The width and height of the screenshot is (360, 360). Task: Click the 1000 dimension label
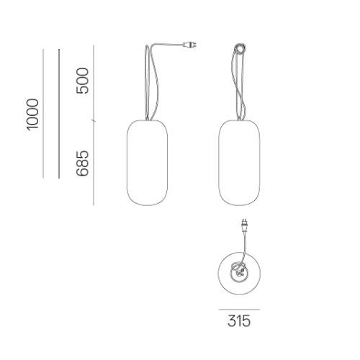(32, 114)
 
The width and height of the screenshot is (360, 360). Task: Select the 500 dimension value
(82, 81)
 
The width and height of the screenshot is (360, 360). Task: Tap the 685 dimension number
(82, 163)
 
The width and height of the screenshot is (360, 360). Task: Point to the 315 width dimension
(239, 321)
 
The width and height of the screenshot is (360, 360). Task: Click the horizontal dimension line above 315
(239, 310)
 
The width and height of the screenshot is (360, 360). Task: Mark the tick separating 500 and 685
(94, 121)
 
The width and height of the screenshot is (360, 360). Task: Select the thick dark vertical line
(59, 114)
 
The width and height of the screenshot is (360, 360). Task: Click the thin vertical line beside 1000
(43, 114)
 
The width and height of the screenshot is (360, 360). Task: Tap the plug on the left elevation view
(190, 45)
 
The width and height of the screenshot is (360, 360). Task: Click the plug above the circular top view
(244, 225)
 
